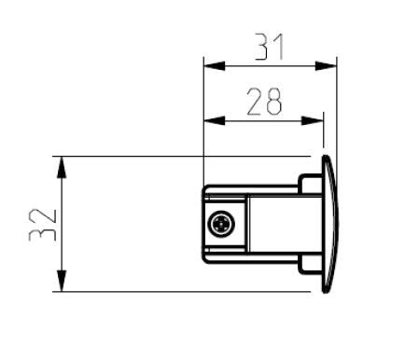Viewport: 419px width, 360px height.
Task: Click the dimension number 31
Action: point(270,47)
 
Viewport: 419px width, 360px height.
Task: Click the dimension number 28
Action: point(264,102)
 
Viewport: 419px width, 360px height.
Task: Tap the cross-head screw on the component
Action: point(222,224)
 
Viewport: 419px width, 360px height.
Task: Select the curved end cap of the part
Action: point(328,224)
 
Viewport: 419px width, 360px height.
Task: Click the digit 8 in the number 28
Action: point(273,102)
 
